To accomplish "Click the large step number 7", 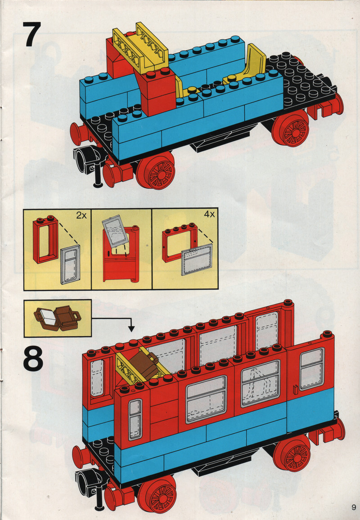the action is [32, 34].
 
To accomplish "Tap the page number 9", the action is [354, 507].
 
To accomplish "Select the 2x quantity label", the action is [81, 215].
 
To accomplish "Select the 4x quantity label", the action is [209, 214].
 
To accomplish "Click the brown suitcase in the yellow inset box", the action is [58, 318].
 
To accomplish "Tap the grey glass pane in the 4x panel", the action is [197, 260].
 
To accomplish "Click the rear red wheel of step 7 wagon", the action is [291, 128].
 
